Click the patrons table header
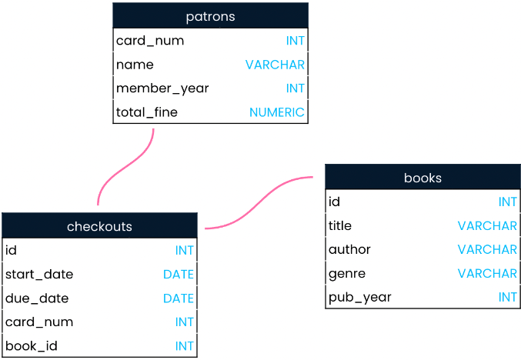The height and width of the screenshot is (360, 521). click(210, 15)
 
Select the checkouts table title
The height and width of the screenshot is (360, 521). click(99, 226)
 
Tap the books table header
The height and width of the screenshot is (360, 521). click(422, 177)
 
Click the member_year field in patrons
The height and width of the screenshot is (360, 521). click(162, 88)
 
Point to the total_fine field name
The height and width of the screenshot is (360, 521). click(147, 112)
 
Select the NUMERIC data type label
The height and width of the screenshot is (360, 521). click(277, 112)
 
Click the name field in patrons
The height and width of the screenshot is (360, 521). click(135, 65)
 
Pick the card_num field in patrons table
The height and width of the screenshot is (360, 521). click(150, 41)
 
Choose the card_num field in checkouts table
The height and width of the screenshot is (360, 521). click(39, 322)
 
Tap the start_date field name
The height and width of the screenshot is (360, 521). click(39, 275)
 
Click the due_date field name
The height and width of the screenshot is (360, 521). click(37, 298)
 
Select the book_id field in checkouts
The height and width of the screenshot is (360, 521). click(32, 346)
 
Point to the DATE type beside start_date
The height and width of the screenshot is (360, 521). click(179, 275)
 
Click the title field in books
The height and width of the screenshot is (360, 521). click(340, 225)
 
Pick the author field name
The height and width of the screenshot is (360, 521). click(349, 249)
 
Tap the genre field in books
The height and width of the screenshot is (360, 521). click(347, 274)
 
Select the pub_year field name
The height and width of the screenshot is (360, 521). click(360, 297)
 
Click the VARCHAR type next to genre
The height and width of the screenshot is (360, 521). click(487, 273)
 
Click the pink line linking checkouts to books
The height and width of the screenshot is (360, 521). click(259, 202)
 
